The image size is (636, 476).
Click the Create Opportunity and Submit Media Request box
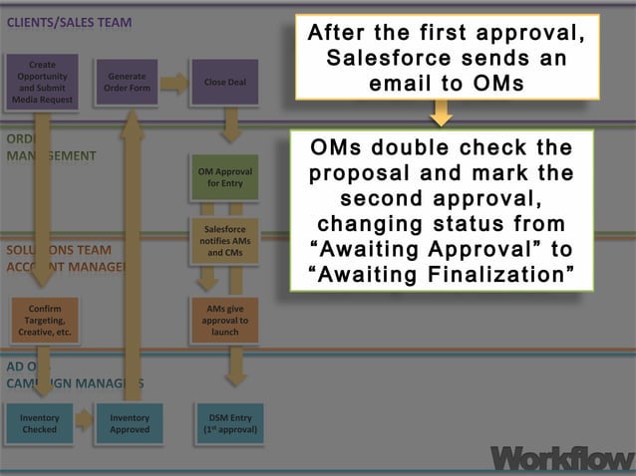43,81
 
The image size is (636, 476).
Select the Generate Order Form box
126,82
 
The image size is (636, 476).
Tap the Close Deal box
224,82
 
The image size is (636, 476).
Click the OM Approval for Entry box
224,177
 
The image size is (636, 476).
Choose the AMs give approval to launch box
224,320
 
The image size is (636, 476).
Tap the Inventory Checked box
39,423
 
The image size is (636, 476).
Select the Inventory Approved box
130,423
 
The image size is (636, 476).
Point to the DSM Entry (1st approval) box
229,423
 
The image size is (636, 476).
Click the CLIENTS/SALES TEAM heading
69,22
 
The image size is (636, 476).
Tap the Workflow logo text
561,457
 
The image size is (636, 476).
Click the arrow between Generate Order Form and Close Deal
174,84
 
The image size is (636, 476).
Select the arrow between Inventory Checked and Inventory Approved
84,422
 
